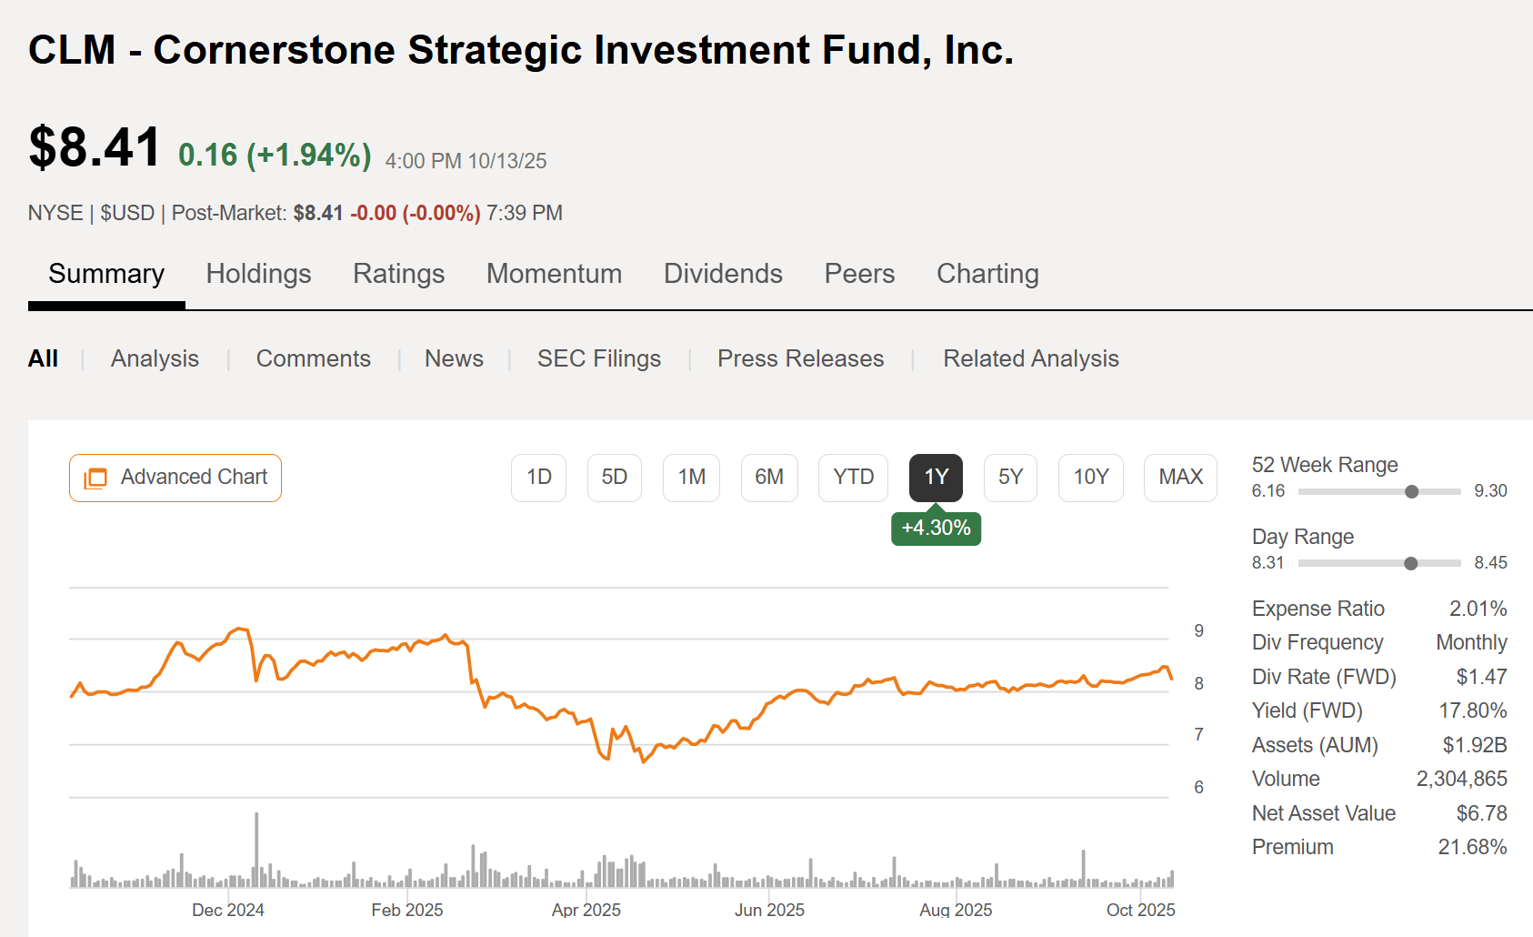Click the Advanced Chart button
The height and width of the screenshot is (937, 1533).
[x=175, y=478]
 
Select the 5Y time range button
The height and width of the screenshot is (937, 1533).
[x=1010, y=478]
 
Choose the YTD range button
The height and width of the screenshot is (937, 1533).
[x=853, y=478]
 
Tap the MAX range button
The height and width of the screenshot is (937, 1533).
[x=1180, y=478]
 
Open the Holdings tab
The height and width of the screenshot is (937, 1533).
[x=258, y=274]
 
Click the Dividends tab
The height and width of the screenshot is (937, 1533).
[x=723, y=274]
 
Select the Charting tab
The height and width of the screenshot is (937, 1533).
[x=987, y=274]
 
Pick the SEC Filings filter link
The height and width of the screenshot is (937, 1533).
[x=598, y=358]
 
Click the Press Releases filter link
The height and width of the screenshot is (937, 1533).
[x=800, y=358]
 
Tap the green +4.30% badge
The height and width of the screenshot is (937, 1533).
[x=936, y=529]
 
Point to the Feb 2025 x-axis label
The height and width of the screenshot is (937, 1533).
[x=407, y=910]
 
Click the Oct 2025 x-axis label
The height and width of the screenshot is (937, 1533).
[x=1140, y=910]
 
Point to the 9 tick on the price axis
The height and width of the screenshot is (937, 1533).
[x=1198, y=631]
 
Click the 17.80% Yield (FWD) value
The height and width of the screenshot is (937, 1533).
[x=1472, y=710]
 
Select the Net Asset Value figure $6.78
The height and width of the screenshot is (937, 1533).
[x=1481, y=813]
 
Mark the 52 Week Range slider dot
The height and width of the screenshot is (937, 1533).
[x=1411, y=492]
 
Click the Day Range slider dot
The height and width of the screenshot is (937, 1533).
[x=1410, y=564]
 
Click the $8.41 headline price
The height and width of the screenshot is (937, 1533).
[x=95, y=147]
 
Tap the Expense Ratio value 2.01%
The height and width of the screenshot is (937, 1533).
[x=1478, y=609]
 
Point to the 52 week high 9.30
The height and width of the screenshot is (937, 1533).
[x=1490, y=491]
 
